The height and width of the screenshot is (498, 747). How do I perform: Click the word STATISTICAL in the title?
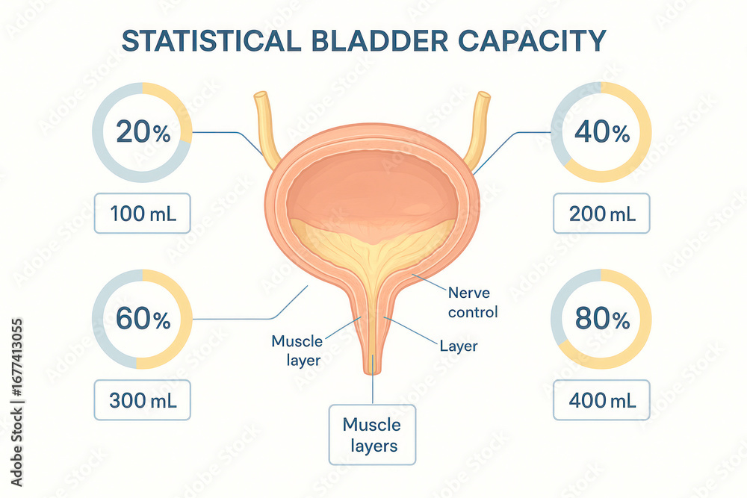tap(211, 41)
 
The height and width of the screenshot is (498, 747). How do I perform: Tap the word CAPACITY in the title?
tap(532, 41)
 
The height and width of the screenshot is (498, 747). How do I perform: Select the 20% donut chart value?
tap(143, 132)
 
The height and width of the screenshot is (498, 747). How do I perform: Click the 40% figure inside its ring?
tap(602, 132)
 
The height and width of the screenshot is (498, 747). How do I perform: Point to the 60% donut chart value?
tap(143, 319)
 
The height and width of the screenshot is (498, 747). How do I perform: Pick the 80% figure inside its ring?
tap(602, 319)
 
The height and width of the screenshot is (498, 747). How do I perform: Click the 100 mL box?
tap(143, 214)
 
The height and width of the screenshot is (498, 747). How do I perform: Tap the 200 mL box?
tap(601, 214)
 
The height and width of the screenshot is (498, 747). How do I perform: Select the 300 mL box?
tap(143, 400)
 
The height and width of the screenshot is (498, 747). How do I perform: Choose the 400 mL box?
tap(601, 400)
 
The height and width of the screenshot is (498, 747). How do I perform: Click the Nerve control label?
tap(473, 302)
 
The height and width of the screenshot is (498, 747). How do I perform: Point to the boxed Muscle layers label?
tap(372, 435)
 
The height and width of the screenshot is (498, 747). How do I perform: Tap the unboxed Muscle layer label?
tap(297, 350)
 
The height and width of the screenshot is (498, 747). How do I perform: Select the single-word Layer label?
tap(459, 346)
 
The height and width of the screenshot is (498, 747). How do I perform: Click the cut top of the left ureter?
tap(261, 96)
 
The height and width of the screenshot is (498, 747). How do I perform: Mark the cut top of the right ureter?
tap(484, 96)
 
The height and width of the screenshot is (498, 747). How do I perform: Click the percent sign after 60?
tap(162, 321)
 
